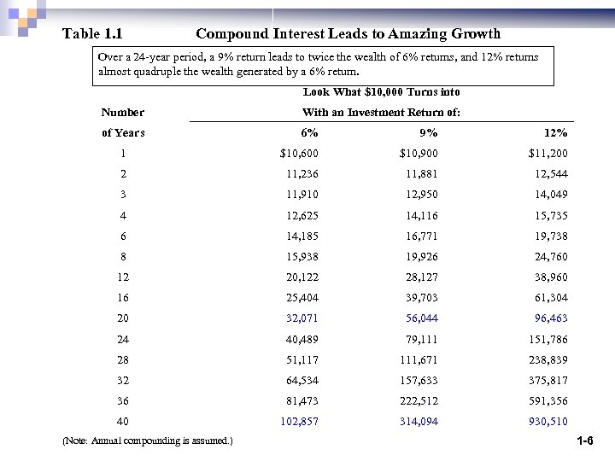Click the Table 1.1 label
tap(93, 34)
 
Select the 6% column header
tap(309, 133)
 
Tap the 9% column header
tap(428, 133)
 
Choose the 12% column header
tap(555, 133)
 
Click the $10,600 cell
tap(299, 154)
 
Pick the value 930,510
tap(548, 422)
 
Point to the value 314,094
tap(419, 422)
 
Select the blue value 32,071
tap(302, 318)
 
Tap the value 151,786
tap(548, 339)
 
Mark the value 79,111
tap(421, 339)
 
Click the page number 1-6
tap(585, 441)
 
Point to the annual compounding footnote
tap(147, 441)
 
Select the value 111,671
tap(419, 359)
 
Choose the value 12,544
tap(550, 174)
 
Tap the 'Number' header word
tap(123, 113)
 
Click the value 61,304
tap(550, 298)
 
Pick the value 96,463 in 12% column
tap(550, 318)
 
